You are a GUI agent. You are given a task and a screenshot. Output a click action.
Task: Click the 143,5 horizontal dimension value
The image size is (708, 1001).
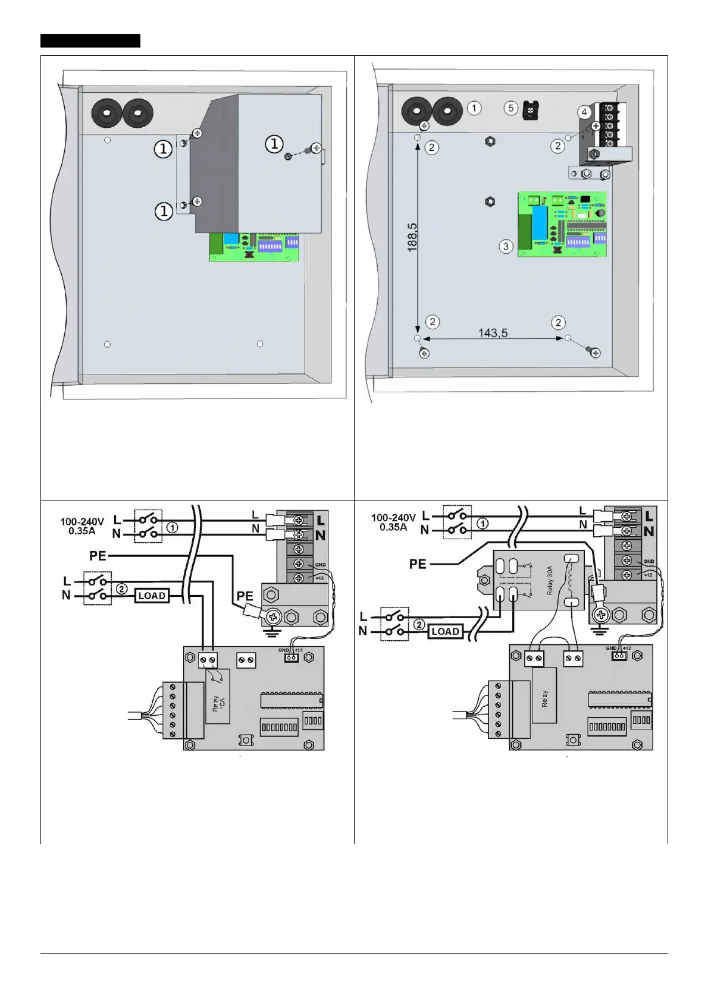click(493, 333)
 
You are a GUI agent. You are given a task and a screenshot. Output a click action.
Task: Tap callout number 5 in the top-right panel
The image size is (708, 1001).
click(510, 108)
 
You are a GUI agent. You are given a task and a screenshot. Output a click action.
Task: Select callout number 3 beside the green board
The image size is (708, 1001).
click(506, 246)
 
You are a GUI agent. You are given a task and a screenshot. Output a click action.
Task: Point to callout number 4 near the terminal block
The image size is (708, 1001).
click(584, 112)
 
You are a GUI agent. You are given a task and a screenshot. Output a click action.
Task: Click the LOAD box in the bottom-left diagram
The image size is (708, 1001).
click(152, 596)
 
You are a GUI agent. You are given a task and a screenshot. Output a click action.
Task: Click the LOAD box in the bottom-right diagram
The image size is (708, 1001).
click(445, 631)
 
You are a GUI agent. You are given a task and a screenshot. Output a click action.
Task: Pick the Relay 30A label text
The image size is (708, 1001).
click(550, 580)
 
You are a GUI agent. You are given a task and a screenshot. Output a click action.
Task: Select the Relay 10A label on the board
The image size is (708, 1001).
click(219, 703)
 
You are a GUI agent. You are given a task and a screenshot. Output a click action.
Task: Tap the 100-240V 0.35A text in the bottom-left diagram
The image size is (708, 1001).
click(82, 526)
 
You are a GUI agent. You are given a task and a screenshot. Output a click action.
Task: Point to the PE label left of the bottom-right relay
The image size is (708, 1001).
click(418, 564)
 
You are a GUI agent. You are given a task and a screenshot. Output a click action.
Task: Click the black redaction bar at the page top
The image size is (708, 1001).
click(90, 40)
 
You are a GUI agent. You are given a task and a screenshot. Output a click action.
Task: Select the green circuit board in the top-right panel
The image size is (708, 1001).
click(562, 224)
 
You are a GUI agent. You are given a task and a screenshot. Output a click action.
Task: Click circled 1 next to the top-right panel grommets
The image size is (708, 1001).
click(474, 108)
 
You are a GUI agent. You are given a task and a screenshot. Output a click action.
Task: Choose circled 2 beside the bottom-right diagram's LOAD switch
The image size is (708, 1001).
click(419, 625)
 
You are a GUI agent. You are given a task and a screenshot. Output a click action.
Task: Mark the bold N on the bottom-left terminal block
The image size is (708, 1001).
click(321, 535)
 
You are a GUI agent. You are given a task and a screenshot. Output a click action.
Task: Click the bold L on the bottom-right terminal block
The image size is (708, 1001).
click(649, 516)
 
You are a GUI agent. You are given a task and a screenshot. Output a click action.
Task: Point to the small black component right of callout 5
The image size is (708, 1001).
click(530, 109)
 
